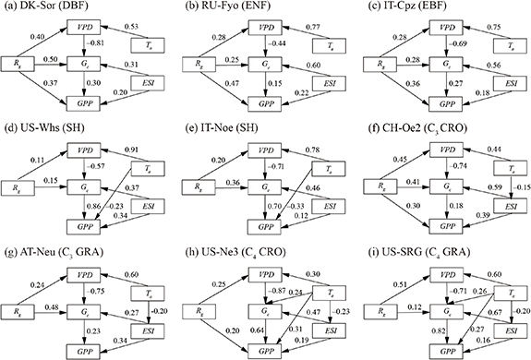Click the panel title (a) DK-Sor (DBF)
(48, 7)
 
